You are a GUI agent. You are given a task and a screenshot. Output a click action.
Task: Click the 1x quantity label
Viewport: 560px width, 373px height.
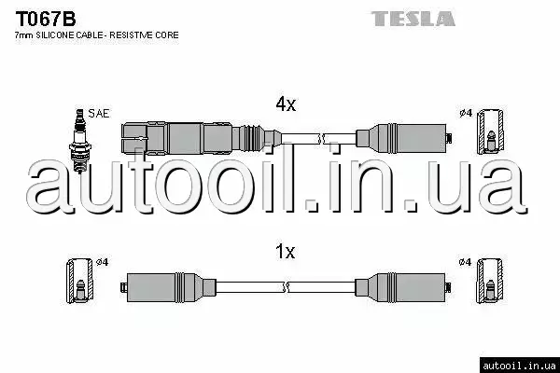tap(285, 251)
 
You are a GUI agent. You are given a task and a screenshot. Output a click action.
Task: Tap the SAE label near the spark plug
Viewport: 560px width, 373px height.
tap(100, 113)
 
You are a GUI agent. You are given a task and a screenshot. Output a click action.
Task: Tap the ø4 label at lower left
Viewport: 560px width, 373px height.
tap(103, 262)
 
